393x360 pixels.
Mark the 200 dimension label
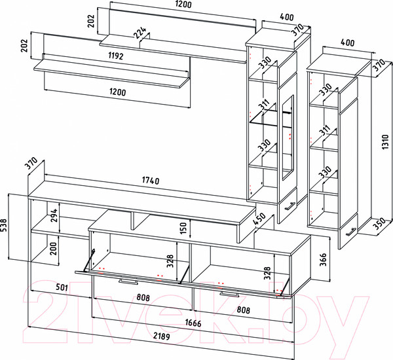(56, 249)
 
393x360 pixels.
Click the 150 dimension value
(184, 228)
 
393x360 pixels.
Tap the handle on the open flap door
(128, 282)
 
